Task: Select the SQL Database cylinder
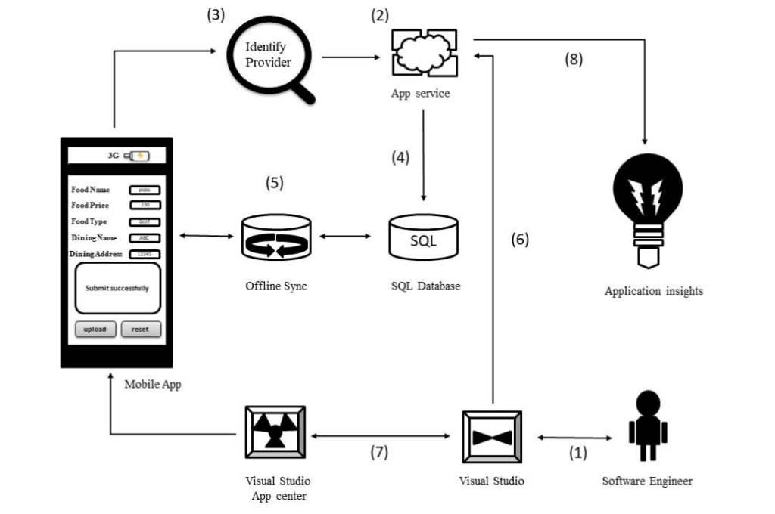[x=423, y=239]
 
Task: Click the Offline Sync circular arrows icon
[x=275, y=238]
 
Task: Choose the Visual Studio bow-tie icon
[x=492, y=437]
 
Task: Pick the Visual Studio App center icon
[x=275, y=432]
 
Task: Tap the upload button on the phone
[x=95, y=330]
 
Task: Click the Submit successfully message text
[x=117, y=288]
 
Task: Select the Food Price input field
[x=145, y=206]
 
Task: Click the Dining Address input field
[x=145, y=255]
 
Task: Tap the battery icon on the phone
[x=138, y=156]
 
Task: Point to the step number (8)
[x=574, y=60]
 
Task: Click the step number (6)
[x=519, y=240]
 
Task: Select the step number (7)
[x=379, y=453]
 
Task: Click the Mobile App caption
[x=153, y=385]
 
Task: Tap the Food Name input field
[x=145, y=190]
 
